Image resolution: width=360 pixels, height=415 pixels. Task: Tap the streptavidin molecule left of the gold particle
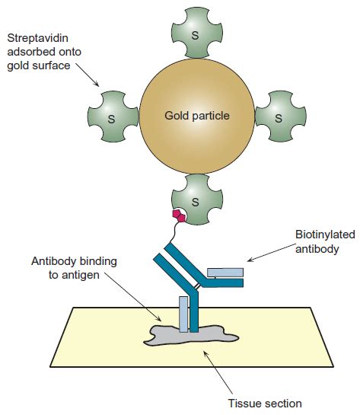coord(112,117)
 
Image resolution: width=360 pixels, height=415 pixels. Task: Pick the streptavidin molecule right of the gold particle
coord(279,117)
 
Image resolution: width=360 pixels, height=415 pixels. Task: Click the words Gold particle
coord(196,117)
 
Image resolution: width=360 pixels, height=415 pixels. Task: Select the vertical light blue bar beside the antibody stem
coord(183,313)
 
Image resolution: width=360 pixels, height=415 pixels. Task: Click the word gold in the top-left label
coord(18,65)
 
